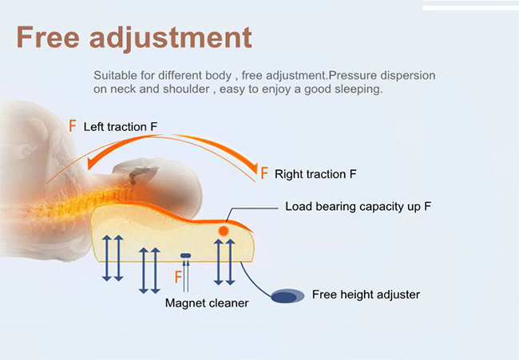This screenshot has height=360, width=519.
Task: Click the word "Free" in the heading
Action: coord(48,37)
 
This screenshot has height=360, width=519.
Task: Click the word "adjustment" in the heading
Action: coord(171,39)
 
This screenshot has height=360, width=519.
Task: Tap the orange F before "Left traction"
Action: coord(73,126)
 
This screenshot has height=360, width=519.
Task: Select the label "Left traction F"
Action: coord(120,127)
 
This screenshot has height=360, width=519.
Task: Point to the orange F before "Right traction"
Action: coord(263,173)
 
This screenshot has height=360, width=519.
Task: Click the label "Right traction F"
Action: coord(315,174)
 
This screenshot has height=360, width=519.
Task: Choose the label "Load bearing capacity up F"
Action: coord(359,207)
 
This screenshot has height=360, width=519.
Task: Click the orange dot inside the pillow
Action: coord(224,231)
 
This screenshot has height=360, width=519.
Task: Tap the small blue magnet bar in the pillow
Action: coord(186,255)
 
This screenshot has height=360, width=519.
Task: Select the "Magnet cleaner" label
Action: coord(207,303)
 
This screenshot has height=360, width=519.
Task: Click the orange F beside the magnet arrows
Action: coord(178,277)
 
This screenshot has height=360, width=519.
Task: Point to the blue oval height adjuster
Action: coord(287,296)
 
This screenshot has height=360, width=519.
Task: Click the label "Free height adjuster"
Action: coord(366,295)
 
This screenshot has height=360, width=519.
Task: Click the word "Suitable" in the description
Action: coord(115,76)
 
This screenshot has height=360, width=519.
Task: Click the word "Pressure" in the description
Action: coord(352,76)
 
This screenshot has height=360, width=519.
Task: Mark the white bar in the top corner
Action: coord(470,8)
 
